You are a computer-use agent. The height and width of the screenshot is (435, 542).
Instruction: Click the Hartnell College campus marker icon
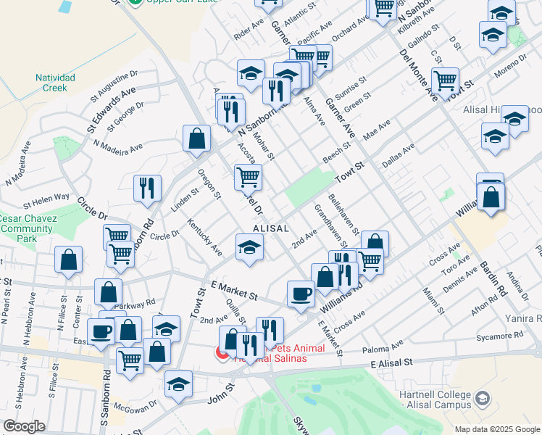[483, 399]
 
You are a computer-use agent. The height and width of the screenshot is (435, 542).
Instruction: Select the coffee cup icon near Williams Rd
[301, 294]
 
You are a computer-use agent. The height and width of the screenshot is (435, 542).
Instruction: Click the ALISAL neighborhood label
[271, 228]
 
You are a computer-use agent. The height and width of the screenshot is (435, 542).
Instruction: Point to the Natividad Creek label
[51, 83]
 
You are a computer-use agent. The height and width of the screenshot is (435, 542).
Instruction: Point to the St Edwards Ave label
[102, 106]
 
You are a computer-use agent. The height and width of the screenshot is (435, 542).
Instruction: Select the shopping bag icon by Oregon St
[196, 138]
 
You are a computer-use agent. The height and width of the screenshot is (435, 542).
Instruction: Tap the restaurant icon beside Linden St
[147, 187]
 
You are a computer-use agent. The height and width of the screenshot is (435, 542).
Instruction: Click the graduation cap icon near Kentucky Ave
[249, 247]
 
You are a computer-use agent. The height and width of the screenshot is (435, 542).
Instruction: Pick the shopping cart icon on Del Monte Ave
[445, 80]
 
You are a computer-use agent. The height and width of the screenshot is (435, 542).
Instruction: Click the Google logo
[24, 426]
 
